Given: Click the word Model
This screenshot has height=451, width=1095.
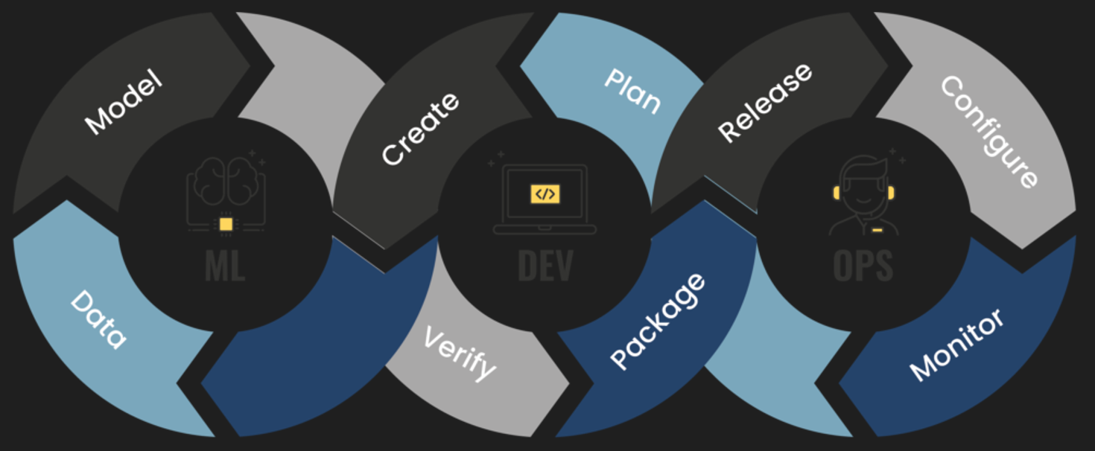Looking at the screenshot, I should pos(123,103).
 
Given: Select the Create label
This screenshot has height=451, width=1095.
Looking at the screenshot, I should pos(420,129).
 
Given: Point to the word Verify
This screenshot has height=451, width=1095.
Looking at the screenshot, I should pos(459,353).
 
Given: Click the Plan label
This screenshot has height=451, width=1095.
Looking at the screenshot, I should pos(632,92).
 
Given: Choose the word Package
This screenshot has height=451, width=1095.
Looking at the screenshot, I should pos(658,321).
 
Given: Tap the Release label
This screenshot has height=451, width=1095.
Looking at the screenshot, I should pos(765,103).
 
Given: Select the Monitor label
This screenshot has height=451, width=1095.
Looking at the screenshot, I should pos(957,345).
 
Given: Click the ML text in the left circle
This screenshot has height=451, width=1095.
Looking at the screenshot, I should pos(224,266).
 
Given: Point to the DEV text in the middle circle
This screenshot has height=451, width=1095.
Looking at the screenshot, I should pos(545,266).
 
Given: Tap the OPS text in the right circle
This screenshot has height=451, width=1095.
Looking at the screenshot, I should pos(863,266).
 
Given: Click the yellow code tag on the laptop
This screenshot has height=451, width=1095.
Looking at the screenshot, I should pos(545,194).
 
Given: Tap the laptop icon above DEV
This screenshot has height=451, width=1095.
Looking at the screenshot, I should pos(545,199).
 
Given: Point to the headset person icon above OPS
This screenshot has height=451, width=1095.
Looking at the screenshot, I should pos(863,195).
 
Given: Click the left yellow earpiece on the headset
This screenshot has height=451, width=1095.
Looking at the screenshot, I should pos(836,193).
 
